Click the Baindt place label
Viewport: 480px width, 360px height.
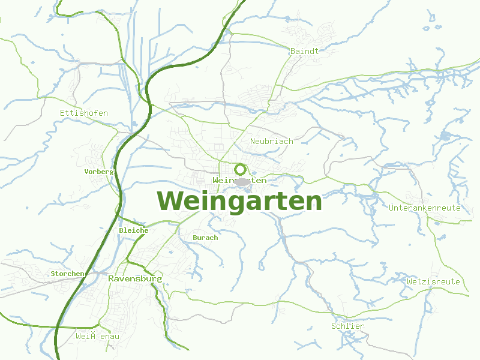click(304, 51)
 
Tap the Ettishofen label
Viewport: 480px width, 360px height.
click(84, 113)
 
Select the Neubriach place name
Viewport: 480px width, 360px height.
click(271, 141)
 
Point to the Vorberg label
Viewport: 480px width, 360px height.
click(99, 172)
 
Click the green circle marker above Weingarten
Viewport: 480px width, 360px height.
click(240, 169)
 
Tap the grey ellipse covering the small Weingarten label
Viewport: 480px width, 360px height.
click(241, 181)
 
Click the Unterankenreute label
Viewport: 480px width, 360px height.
click(424, 208)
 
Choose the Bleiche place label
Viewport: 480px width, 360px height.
click(133, 230)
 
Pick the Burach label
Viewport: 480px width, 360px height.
click(205, 238)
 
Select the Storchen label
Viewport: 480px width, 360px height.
click(67, 274)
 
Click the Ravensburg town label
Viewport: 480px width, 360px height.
click(135, 279)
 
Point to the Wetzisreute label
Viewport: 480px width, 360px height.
click(433, 281)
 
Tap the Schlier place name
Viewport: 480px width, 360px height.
click(347, 326)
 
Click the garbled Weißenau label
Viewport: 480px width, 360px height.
click(97, 336)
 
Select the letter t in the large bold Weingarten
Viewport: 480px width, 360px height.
click(277, 202)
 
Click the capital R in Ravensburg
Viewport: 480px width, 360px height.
click(112, 279)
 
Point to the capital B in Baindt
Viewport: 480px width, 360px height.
click(292, 51)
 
